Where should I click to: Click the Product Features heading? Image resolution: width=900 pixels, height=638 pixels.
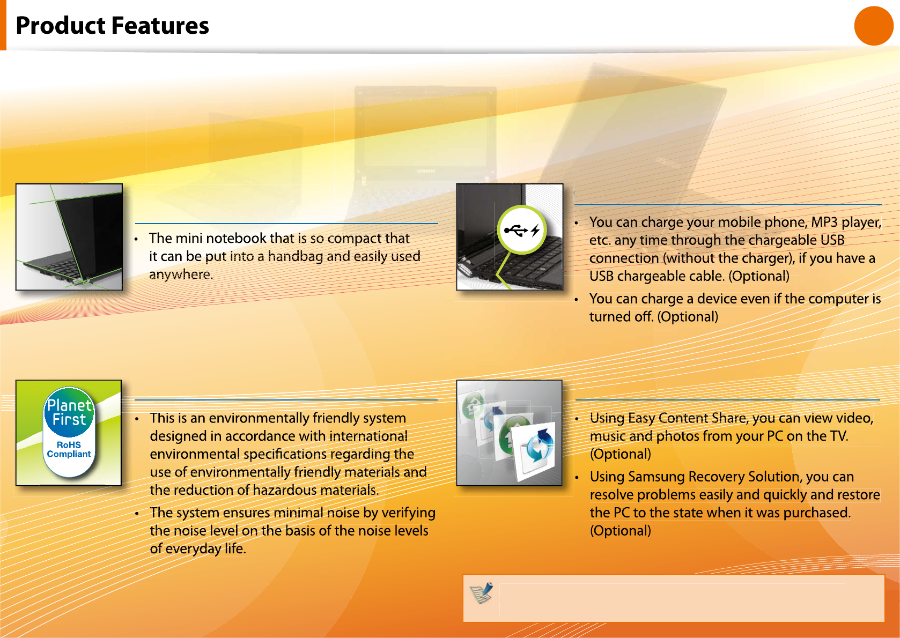click(112, 26)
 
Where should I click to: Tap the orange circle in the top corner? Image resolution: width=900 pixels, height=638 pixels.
click(874, 26)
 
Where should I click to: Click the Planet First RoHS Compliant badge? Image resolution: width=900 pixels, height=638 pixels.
click(69, 432)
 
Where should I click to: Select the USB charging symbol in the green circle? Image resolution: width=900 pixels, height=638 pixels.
click(521, 230)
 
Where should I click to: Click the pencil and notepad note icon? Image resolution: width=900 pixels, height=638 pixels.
click(481, 592)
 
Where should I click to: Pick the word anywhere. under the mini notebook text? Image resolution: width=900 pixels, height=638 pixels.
click(181, 275)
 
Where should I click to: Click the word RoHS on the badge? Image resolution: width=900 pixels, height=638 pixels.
click(69, 445)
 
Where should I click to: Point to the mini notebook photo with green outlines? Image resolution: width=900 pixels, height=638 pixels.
click(69, 237)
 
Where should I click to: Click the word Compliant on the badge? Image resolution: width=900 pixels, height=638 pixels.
click(69, 454)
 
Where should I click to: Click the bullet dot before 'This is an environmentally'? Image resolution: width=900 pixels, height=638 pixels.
click(137, 419)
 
